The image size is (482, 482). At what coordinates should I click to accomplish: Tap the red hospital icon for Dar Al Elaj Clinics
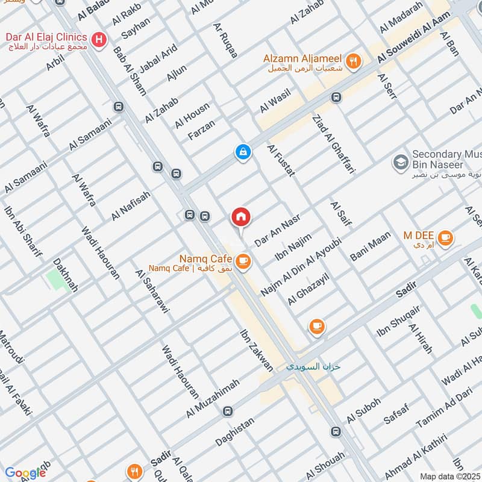100,40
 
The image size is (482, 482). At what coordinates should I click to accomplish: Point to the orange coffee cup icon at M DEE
445,237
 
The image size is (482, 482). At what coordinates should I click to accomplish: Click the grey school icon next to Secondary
399,161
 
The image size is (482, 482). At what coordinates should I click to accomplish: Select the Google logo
25,473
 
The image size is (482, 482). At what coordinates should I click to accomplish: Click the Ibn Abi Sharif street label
23,232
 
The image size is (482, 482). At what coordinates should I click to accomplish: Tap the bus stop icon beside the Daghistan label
228,412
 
